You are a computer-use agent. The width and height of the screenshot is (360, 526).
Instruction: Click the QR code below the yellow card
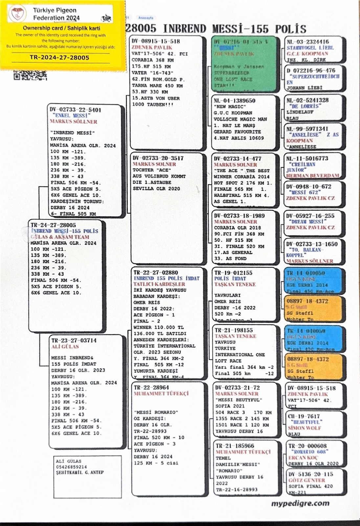(x=30, y=75)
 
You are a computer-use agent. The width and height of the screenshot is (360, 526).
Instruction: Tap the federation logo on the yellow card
(x=17, y=14)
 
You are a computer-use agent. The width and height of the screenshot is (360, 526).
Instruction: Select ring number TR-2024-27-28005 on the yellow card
(x=59, y=58)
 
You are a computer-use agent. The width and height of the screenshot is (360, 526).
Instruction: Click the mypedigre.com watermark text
(x=300, y=503)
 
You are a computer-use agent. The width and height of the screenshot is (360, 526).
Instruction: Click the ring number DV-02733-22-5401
(x=76, y=110)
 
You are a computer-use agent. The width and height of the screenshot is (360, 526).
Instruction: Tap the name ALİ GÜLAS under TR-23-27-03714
(x=65, y=347)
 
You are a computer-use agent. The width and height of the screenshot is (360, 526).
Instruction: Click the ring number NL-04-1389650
(x=235, y=101)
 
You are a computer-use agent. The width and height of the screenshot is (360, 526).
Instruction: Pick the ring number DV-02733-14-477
(x=238, y=158)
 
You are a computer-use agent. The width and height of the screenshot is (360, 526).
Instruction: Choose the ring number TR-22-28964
(x=151, y=387)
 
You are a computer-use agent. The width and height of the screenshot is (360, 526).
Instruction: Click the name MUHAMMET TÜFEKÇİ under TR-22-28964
(x=161, y=394)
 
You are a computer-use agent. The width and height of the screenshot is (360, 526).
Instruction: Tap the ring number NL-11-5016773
(x=307, y=158)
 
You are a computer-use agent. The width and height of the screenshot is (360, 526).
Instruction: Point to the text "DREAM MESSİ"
(x=307, y=222)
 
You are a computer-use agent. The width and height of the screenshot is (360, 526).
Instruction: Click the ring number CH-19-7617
(x=304, y=416)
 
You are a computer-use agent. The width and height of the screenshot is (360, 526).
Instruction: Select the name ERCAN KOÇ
(x=303, y=458)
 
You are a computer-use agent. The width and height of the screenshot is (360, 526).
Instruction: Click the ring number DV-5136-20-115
(x=310, y=474)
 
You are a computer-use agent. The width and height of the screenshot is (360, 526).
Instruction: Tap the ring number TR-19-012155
(x=234, y=273)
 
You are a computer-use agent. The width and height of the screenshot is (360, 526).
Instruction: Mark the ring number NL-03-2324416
(x=308, y=42)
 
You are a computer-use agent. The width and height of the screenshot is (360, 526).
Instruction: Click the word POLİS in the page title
(x=291, y=29)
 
